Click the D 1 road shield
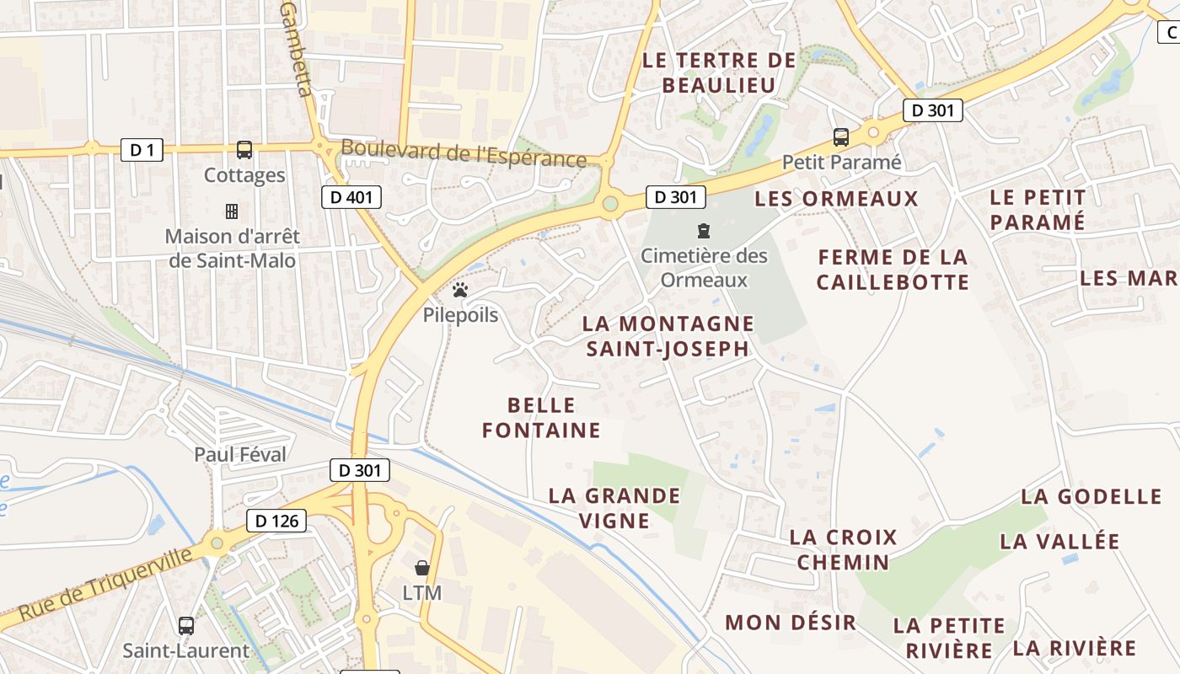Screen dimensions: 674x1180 tap(142, 150)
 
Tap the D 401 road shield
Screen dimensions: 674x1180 tap(351, 197)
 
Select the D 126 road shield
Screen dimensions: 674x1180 tap(276, 521)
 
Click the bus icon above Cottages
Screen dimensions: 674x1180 tap(244, 150)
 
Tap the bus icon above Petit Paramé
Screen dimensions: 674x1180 tap(840, 136)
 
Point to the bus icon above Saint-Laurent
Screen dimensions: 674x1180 tap(186, 626)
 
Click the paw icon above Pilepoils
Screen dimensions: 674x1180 tap(460, 291)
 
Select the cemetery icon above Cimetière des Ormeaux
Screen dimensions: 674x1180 tap(703, 230)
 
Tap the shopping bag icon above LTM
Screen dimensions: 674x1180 tap(422, 568)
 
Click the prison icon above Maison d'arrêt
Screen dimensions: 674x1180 tap(232, 211)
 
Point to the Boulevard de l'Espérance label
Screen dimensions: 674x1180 tap(464, 155)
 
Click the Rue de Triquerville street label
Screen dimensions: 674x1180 tap(105, 584)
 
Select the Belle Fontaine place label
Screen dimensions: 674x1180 tap(541, 418)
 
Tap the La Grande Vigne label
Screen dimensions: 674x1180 tap(614, 508)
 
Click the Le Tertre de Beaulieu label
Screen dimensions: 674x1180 tap(719, 72)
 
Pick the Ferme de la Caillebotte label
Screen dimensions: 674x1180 tap(893, 270)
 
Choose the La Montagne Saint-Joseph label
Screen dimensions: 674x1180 tap(668, 335)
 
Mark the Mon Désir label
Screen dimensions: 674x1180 tap(791, 623)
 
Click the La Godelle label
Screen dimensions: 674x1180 tap(1091, 496)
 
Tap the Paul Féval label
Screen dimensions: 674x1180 tap(240, 455)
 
